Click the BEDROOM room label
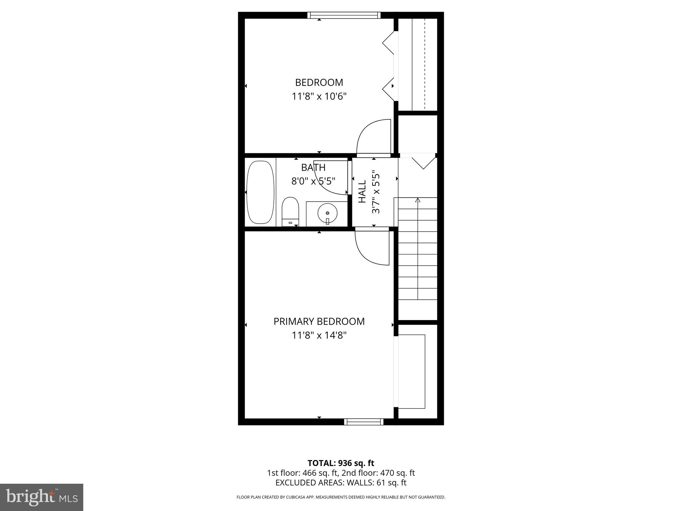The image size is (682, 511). point(319,82)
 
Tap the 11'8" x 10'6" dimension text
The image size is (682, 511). point(319,96)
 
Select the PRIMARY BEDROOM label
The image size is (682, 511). point(319,321)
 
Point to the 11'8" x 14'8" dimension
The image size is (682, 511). point(319,335)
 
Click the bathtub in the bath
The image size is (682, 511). point(260,192)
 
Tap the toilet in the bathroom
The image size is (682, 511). point(290,212)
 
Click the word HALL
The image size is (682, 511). point(362,191)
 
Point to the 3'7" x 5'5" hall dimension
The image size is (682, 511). point(376,192)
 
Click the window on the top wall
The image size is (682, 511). point(344,15)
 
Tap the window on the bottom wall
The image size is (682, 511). point(364,422)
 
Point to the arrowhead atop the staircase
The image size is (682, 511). point(418,200)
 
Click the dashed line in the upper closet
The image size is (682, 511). point(425,63)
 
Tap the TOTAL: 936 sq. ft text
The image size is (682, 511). point(341,463)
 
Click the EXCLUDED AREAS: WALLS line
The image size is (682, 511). point(341,482)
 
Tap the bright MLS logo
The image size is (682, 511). point(42,497)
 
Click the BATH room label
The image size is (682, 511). point(313,167)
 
